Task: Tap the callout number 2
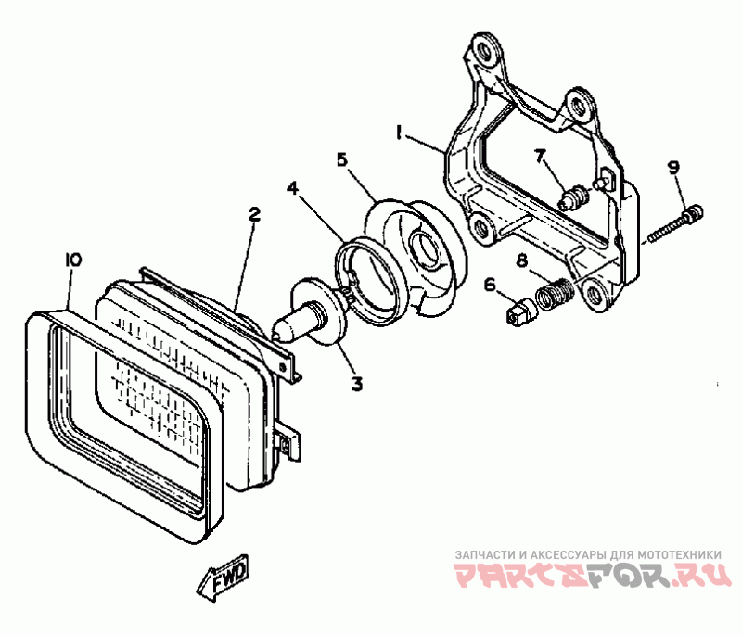click(x=254, y=214)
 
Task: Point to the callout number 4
click(x=292, y=188)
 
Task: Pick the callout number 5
click(x=342, y=159)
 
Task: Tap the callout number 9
click(x=674, y=167)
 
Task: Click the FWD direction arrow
click(x=224, y=581)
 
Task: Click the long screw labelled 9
click(x=674, y=224)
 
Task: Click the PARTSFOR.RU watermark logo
click(x=588, y=577)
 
